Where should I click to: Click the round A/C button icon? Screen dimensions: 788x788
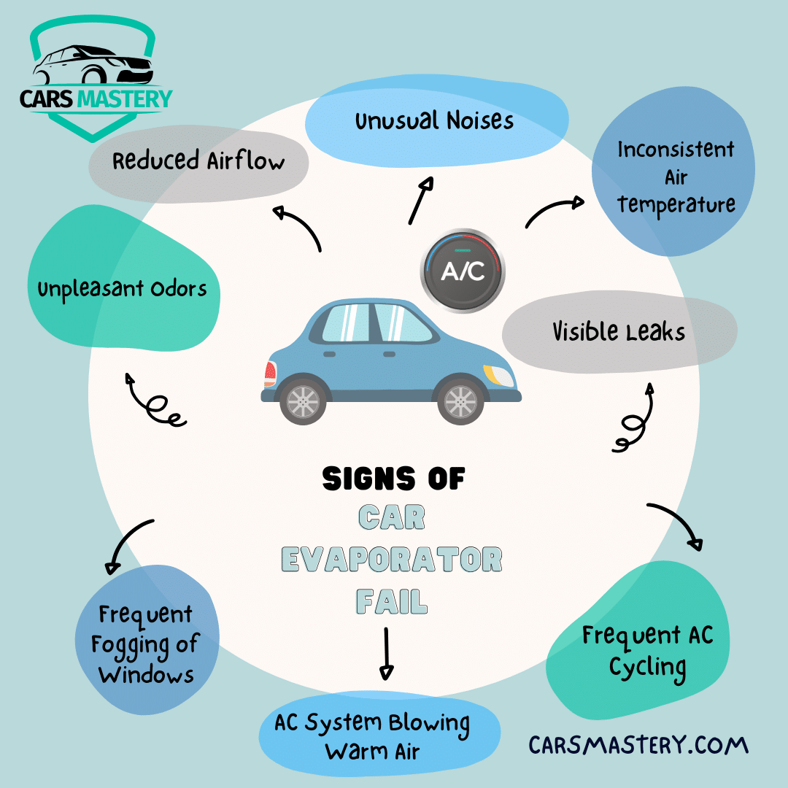coord(462,271)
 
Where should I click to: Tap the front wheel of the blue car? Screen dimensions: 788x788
coord(460,401)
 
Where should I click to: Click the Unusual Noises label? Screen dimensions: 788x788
coord(435,121)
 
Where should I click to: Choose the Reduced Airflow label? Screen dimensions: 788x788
coord(198,161)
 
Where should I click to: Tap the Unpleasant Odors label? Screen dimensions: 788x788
coord(123,290)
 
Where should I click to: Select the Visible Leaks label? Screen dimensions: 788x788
coord(619,333)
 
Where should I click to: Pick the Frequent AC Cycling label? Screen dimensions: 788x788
coord(647,651)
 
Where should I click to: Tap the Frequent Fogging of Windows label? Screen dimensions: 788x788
coord(146,644)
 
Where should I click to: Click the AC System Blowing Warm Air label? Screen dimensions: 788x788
coord(372,736)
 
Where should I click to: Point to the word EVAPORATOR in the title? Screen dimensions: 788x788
coord(392,560)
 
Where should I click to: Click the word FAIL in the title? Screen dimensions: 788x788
coord(392,602)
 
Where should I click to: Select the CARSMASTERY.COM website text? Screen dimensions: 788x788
coord(638,745)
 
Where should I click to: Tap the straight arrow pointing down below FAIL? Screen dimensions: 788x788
coord(387,654)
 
